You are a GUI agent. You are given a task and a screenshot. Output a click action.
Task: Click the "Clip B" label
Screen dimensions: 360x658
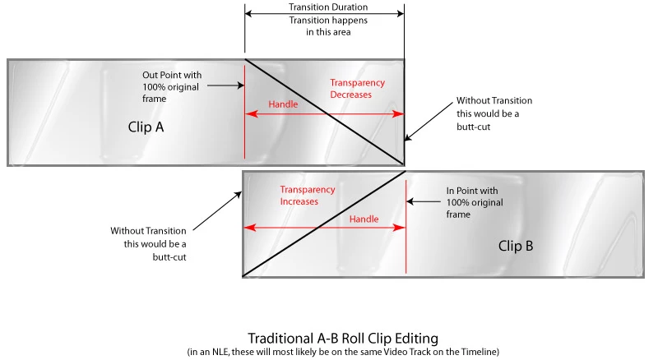(x=516, y=245)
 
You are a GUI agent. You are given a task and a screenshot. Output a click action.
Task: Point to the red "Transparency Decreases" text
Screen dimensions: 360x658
(x=357, y=89)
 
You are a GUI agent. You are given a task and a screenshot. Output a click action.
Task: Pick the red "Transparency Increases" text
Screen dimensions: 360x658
(x=308, y=195)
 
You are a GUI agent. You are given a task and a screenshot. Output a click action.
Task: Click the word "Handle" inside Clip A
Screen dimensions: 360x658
(x=284, y=104)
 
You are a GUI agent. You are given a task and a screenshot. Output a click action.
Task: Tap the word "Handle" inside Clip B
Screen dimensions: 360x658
(x=364, y=219)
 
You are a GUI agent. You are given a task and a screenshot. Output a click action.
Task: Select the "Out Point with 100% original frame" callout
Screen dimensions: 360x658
(x=172, y=86)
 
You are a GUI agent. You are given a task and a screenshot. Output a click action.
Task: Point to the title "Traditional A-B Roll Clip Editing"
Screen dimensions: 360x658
(x=341, y=338)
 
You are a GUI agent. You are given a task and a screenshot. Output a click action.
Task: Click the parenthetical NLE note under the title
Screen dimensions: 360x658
(x=341, y=352)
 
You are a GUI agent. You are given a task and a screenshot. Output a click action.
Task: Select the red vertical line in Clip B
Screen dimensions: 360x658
(x=406, y=247)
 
